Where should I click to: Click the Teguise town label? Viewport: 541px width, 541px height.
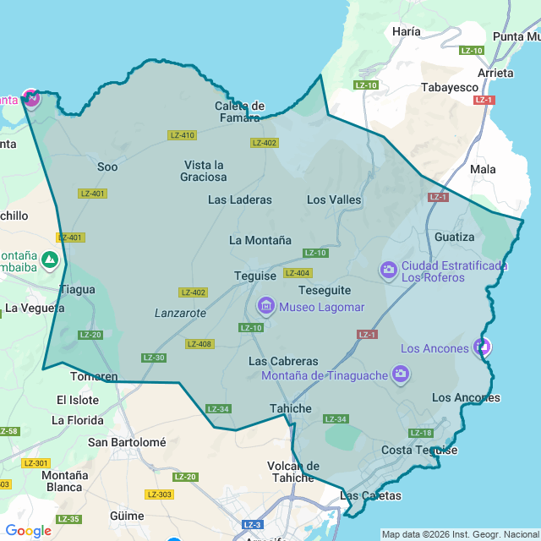[x=255, y=276]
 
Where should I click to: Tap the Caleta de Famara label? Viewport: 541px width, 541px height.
[x=240, y=112]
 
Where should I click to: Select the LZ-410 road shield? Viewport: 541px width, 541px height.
[x=182, y=135]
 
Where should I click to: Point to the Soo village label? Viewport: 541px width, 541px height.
[x=107, y=167]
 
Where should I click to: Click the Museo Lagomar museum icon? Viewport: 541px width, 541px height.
[x=265, y=305]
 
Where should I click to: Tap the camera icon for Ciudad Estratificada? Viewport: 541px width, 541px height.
[x=389, y=270]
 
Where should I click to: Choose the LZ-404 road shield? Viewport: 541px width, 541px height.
[x=298, y=273]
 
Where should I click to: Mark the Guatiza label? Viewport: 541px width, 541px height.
[x=455, y=237]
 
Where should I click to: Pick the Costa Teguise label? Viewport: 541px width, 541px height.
[x=419, y=450]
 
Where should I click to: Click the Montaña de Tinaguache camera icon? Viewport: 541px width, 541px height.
[x=401, y=374]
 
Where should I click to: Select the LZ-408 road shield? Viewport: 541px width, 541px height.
[x=200, y=344]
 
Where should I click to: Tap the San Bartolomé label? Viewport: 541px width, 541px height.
[x=127, y=441]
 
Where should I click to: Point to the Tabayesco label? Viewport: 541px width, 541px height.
[x=450, y=87]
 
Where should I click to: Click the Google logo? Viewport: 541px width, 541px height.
[x=29, y=531]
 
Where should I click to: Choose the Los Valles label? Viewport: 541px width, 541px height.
[x=334, y=200]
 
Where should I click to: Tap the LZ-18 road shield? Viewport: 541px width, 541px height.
[x=421, y=433]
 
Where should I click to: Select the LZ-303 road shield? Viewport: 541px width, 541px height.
[x=159, y=495]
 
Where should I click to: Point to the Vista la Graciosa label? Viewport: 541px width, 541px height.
[x=204, y=171]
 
